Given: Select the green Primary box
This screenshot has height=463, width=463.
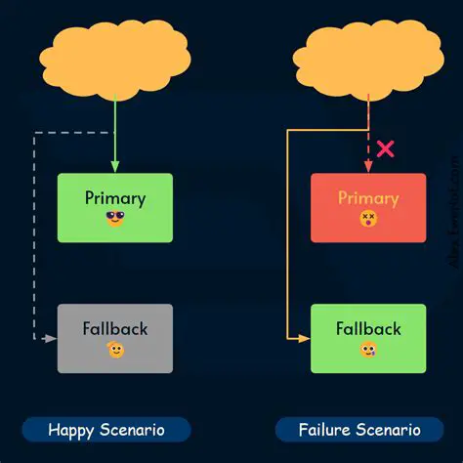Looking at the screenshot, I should pyautogui.click(x=115, y=207).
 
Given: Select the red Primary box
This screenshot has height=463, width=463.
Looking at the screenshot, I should pyautogui.click(x=367, y=207).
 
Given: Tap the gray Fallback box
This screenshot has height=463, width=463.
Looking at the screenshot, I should pyautogui.click(x=115, y=338).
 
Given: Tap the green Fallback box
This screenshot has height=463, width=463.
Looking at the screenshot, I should pyautogui.click(x=367, y=338).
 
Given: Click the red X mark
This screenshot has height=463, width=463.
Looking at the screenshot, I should pyautogui.click(x=386, y=148).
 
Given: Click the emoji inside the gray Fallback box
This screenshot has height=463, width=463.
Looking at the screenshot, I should pyautogui.click(x=115, y=350).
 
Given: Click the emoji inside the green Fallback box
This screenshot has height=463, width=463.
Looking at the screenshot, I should pyautogui.click(x=367, y=350).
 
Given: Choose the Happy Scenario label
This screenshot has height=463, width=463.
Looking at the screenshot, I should pyautogui.click(x=106, y=430).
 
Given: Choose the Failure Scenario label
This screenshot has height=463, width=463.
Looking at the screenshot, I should pyautogui.click(x=359, y=430).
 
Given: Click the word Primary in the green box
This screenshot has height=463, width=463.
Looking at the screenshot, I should pyautogui.click(x=115, y=197).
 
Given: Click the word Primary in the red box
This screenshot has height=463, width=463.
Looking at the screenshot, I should pyautogui.click(x=367, y=198).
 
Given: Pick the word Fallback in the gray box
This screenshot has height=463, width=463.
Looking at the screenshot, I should pyautogui.click(x=115, y=328).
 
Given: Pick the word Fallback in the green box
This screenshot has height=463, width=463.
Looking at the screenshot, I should pyautogui.click(x=367, y=328).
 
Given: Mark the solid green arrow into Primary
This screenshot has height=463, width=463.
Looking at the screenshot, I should pyautogui.click(x=115, y=137).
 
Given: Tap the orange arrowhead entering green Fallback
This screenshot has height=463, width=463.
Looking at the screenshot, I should pyautogui.click(x=304, y=338).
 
